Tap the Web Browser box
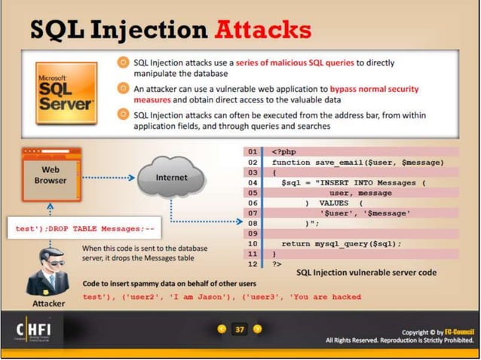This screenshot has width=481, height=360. click(x=51, y=175)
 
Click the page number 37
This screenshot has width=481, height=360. click(x=240, y=329)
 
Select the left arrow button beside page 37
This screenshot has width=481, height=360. click(x=222, y=329)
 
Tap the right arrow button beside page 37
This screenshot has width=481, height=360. click(x=258, y=329)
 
